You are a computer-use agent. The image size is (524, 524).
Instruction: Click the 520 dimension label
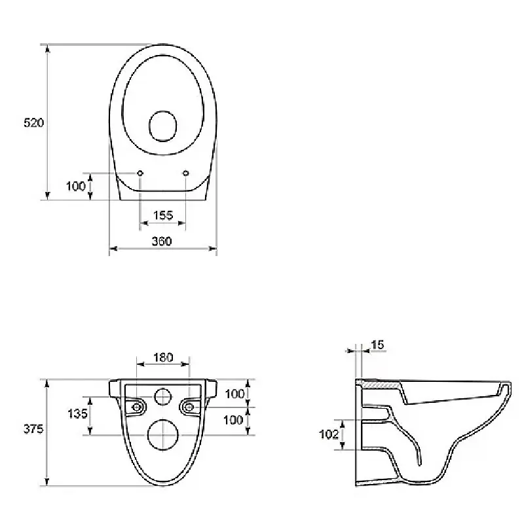pyautogui.click(x=34, y=122)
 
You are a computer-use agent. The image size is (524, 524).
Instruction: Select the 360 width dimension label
pyautogui.click(x=162, y=241)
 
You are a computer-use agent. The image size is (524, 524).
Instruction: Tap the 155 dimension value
pyautogui.click(x=163, y=215)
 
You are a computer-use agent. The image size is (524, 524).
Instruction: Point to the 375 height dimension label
pyautogui.click(x=33, y=429)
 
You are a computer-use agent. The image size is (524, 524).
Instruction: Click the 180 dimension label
pyautogui.click(x=163, y=358)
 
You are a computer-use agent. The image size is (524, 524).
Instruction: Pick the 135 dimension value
pyautogui.click(x=77, y=414)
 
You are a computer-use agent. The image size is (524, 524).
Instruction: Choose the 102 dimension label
pyautogui.click(x=329, y=434)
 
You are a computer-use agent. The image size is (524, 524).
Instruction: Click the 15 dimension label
pyautogui.click(x=378, y=345)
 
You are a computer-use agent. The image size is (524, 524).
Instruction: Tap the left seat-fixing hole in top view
pyautogui.click(x=140, y=173)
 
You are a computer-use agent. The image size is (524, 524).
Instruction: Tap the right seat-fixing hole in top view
pyautogui.click(x=186, y=173)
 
